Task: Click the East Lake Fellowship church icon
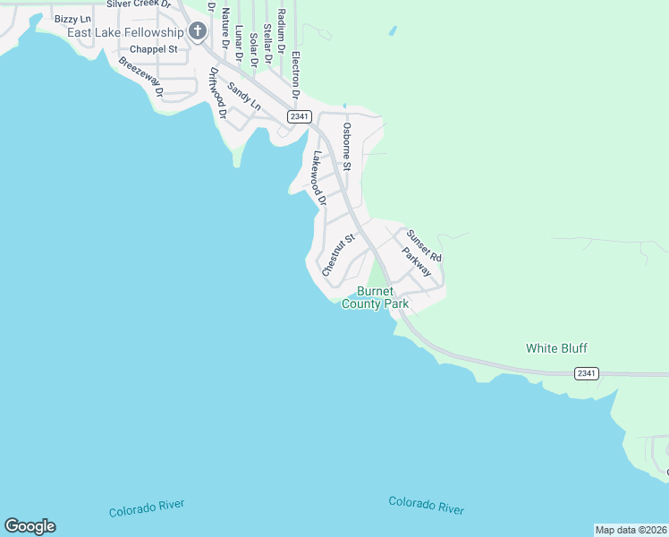coord(198,32)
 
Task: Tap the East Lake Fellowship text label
coord(125,32)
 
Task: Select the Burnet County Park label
coord(383,297)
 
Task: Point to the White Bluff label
coord(556,348)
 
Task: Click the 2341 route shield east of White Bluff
coord(587,372)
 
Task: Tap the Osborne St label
coord(347,147)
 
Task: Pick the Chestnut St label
coord(339,254)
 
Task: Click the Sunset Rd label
coord(424,245)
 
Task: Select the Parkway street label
coord(416,261)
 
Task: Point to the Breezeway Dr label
coord(140,77)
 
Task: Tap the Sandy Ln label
coord(243,97)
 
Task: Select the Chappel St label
coord(154,49)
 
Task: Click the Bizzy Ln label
coord(73,18)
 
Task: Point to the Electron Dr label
coord(294,75)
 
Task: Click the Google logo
coord(30,526)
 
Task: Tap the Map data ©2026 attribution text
coord(631,530)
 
